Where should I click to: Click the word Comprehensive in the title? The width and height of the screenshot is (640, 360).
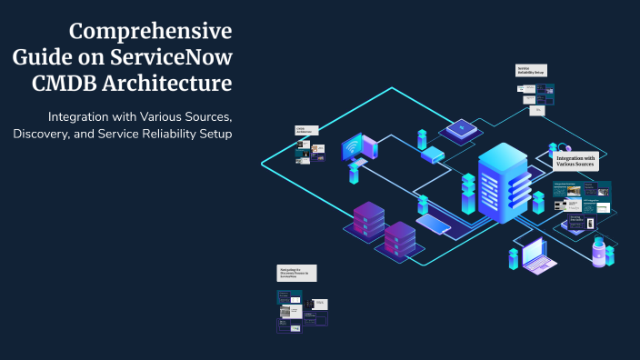[x=150, y=31]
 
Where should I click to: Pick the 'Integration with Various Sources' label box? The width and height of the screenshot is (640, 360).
[x=575, y=162]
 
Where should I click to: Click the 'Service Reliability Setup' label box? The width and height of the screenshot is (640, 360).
[x=531, y=71]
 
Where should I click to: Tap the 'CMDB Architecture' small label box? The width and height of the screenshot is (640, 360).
[x=305, y=131]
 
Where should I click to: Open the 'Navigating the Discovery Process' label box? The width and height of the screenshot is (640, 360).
[x=297, y=273]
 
